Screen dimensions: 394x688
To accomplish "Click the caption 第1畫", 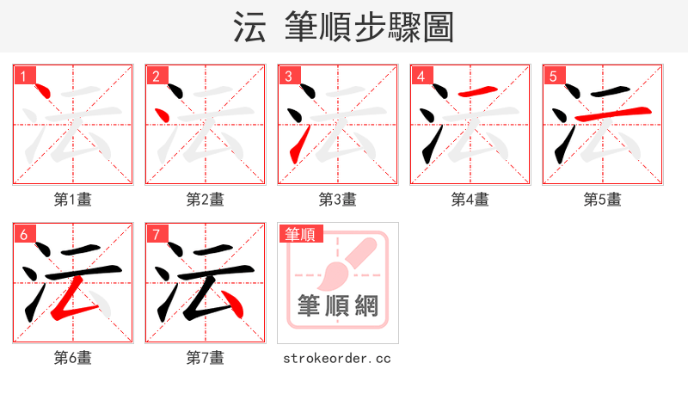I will (x=73, y=200).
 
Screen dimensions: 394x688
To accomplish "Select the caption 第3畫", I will (x=338, y=200).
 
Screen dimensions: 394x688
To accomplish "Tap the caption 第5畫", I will (x=603, y=200).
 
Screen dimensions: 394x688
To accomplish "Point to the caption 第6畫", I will (x=73, y=358).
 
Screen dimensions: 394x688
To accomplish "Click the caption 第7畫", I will (x=206, y=358).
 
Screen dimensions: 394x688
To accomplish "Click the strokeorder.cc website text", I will (x=337, y=358).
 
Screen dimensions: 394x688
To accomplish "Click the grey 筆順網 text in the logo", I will (x=337, y=306).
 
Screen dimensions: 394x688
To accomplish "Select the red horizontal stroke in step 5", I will (x=610, y=114).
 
